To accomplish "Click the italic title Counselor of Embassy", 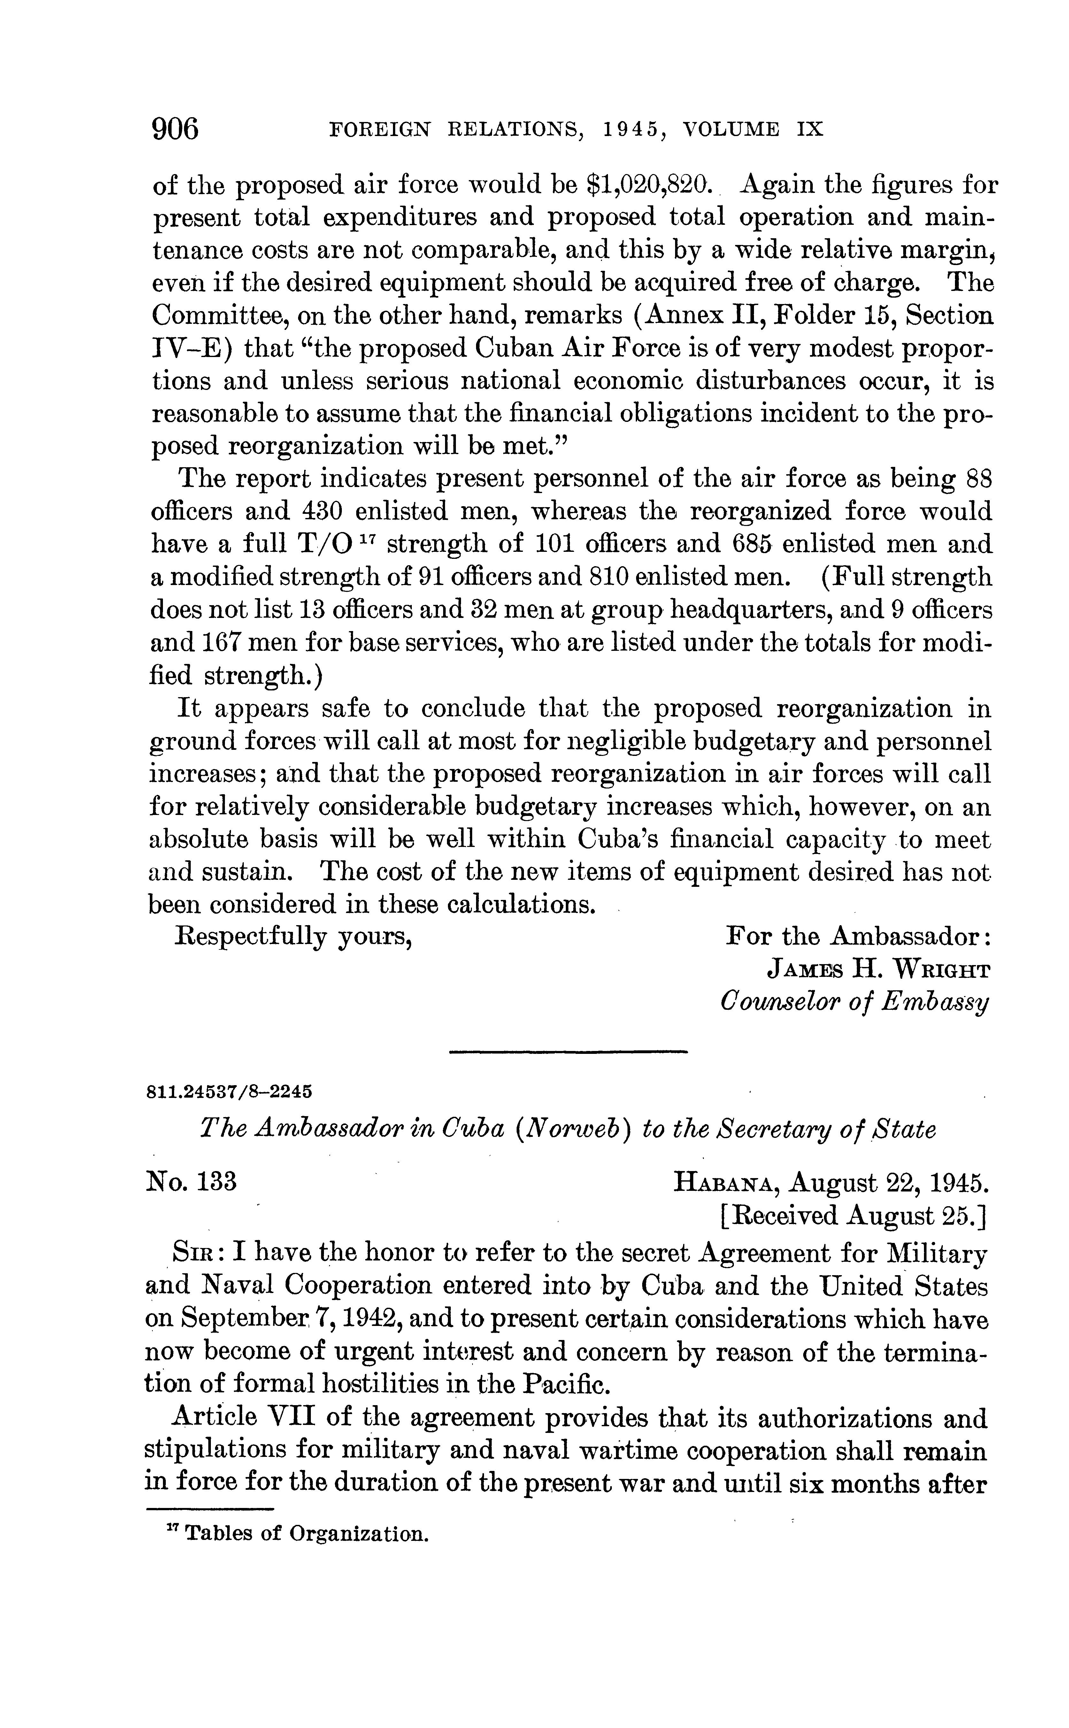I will pyautogui.click(x=853, y=1003).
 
